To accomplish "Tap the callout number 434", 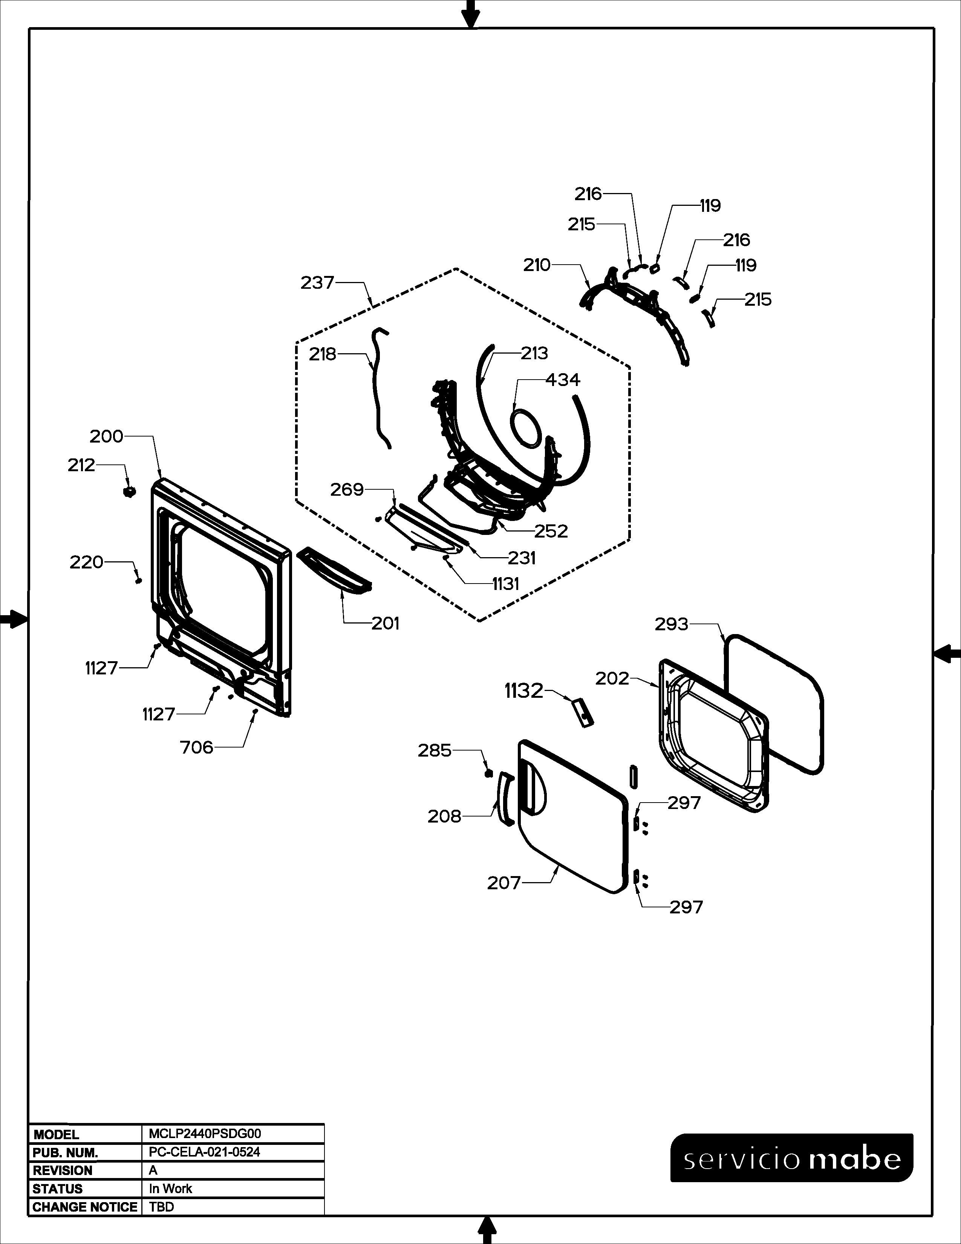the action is [563, 379].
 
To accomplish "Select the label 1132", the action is [524, 691].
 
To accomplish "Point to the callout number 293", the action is [672, 624].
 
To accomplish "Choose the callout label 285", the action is [435, 751].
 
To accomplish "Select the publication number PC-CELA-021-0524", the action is [204, 1152].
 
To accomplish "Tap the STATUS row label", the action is [58, 1189].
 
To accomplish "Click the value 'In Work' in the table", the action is [170, 1189].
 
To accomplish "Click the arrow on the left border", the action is [14, 620].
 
